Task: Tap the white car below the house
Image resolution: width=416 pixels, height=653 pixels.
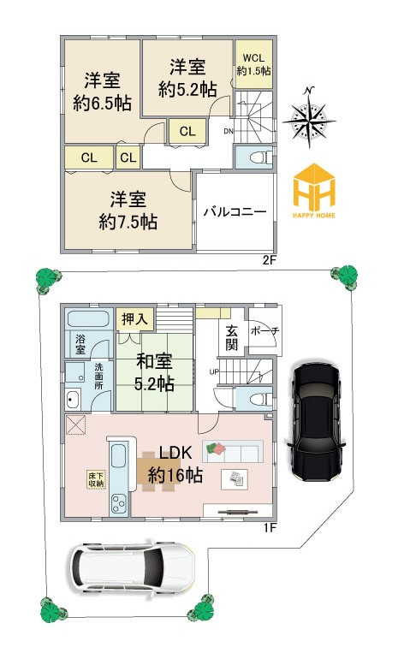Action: pos(132,567)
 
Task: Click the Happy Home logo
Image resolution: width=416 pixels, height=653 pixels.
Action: pos(314,191)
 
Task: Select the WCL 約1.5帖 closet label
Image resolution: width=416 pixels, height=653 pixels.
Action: pos(253,63)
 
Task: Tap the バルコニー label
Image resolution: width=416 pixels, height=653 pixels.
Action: pos(235,212)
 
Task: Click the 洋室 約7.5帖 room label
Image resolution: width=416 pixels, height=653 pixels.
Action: pos(128,211)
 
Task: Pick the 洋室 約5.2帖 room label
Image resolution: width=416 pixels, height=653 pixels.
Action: pos(187,78)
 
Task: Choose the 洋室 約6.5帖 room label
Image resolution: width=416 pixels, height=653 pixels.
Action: pos(103,92)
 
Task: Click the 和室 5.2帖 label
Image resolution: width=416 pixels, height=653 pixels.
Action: pos(154,372)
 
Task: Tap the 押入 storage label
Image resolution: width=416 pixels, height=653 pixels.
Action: pos(134,319)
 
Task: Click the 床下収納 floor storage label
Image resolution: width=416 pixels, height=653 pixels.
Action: pos(96,479)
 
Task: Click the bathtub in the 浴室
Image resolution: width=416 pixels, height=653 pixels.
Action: pos(88,319)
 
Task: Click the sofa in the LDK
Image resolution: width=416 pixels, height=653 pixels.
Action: pos(233,451)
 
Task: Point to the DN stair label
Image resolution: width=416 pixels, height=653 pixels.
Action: pos(229,132)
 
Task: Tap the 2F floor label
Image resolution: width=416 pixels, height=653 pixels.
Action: pos(269,261)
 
